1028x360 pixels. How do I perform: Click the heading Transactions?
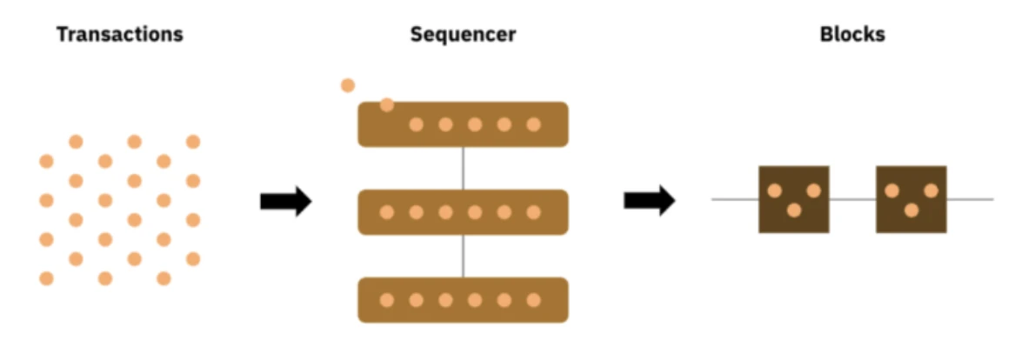pos(120,35)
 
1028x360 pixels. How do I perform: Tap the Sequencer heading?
pos(463,35)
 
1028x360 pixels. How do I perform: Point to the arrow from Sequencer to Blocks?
pos(649,201)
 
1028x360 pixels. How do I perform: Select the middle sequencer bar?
pos(463,212)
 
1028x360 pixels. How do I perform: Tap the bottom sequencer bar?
pos(463,300)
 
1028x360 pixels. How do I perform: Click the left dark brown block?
pos(793,199)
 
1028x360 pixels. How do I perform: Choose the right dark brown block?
pos(911,199)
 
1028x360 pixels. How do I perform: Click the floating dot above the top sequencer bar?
pos(348,85)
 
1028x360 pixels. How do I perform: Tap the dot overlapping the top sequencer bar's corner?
pos(387,105)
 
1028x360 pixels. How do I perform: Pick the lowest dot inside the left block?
pos(793,210)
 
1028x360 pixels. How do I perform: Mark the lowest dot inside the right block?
pos(911,210)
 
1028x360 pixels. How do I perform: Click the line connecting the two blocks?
pos(852,199)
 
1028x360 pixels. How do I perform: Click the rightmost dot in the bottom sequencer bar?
pos(533,300)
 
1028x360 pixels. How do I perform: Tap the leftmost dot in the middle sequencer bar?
pos(387,212)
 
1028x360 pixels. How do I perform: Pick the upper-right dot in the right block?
pos(931,190)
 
